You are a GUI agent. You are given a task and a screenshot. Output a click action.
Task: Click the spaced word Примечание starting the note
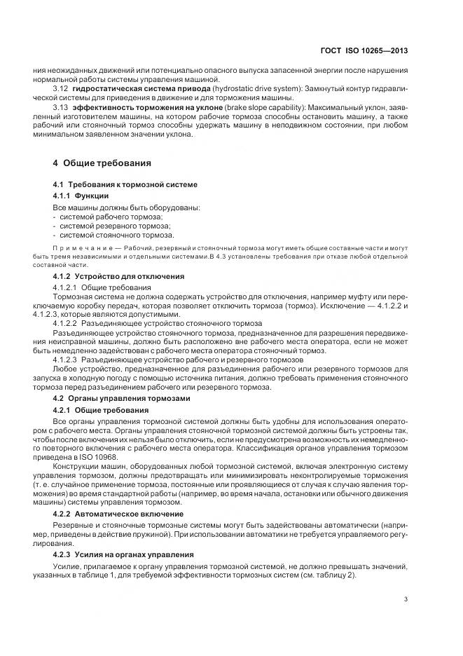[x=81, y=250]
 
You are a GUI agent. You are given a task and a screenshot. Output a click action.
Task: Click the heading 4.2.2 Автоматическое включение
[x=118, y=514]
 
